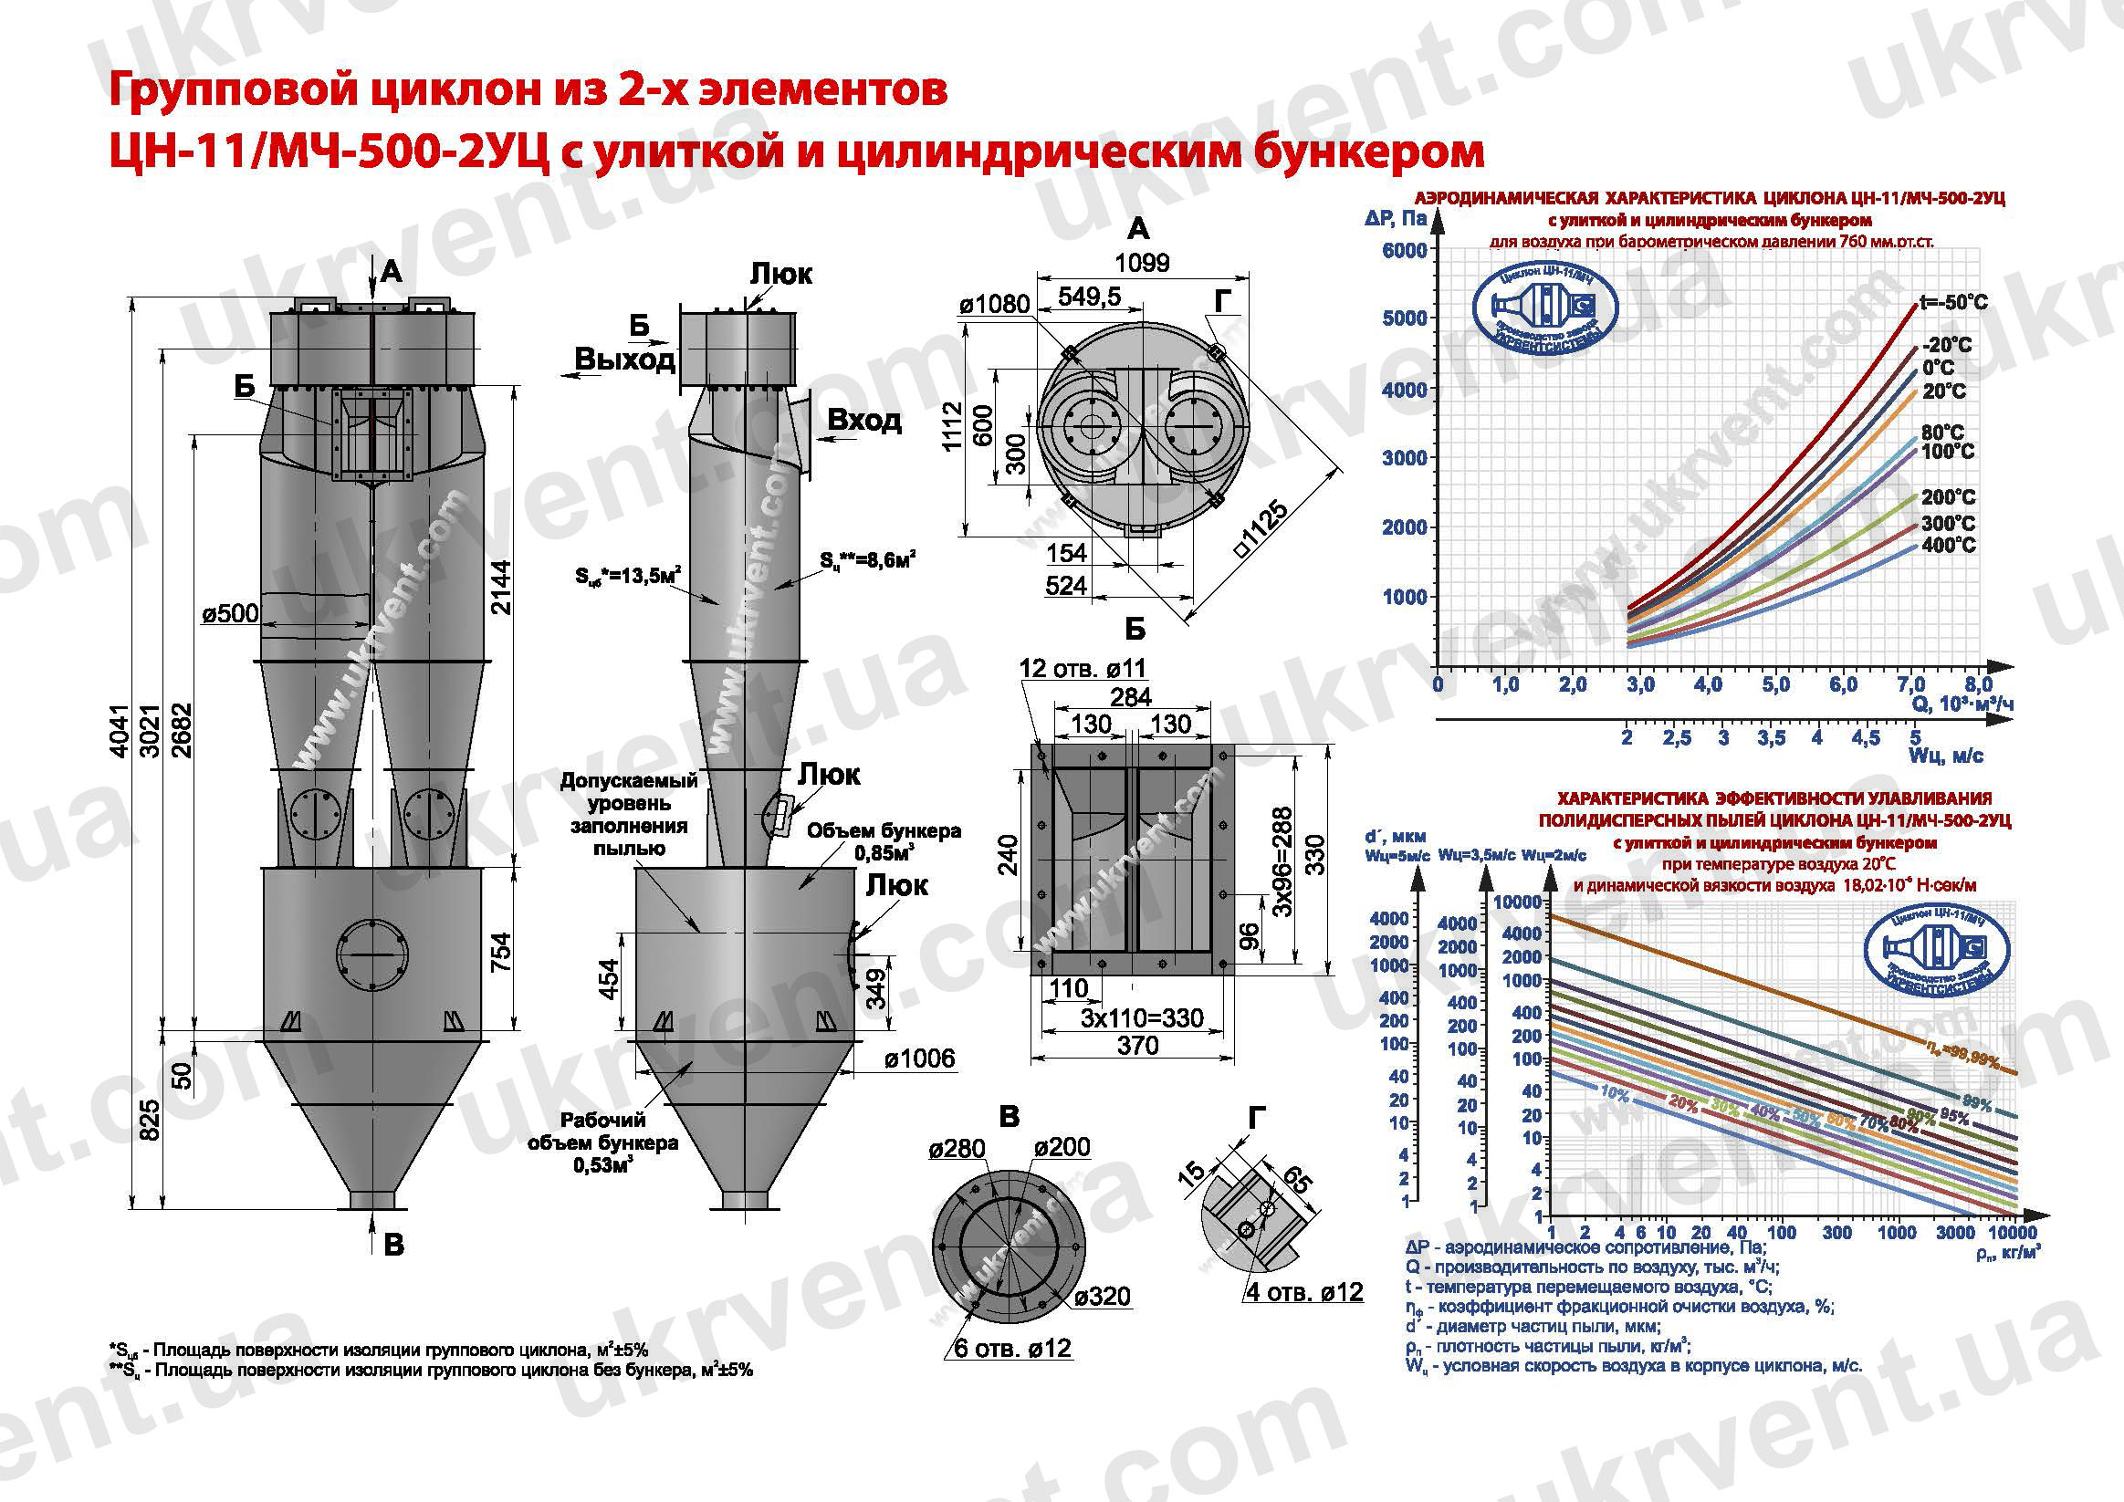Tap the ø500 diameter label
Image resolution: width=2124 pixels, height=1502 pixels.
tap(230, 613)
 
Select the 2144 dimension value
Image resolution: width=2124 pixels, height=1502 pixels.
tap(500, 588)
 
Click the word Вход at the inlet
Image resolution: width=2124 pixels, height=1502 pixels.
tap(864, 420)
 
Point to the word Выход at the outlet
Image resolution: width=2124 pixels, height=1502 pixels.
tap(625, 359)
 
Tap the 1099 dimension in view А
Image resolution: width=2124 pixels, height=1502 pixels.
tap(1142, 263)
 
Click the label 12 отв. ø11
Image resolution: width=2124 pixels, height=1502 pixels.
tap(1083, 668)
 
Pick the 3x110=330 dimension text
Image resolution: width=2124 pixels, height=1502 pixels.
tap(1142, 1018)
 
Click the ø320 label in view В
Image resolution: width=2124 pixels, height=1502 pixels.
tap(1103, 1296)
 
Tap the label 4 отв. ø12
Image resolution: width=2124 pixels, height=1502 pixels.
tap(1304, 1292)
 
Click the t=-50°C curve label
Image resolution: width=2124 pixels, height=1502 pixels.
tap(1954, 302)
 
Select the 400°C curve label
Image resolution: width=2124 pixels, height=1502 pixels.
tap(1948, 545)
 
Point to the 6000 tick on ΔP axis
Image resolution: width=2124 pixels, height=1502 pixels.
tap(1404, 251)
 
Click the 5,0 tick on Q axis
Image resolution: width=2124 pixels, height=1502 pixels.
tap(1775, 685)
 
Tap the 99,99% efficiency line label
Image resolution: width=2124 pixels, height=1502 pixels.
tap(1963, 1052)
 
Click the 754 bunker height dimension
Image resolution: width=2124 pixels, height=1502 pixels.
tap(499, 950)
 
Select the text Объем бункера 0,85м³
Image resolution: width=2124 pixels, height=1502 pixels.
tap(884, 840)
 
